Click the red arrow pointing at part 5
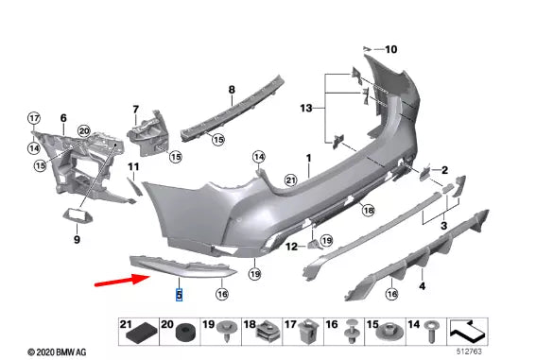click(x=122, y=280)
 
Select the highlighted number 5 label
click(x=179, y=295)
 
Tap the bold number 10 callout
click(x=391, y=49)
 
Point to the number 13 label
click(x=306, y=109)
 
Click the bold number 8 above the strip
click(x=232, y=90)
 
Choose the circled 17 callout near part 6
click(x=34, y=118)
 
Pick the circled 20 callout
click(x=84, y=131)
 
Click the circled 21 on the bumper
click(x=290, y=180)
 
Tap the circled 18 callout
click(x=368, y=210)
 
